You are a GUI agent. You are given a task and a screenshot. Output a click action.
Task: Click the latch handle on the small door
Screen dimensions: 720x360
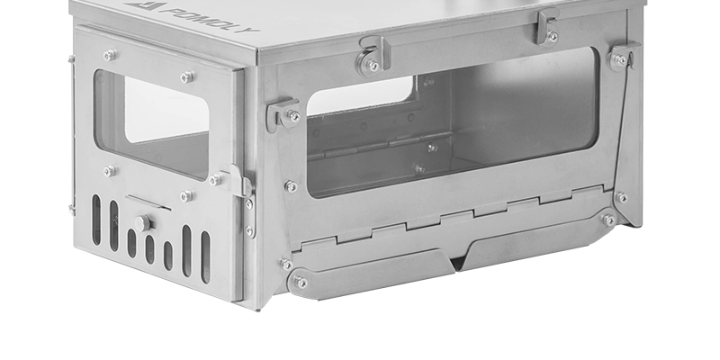238,182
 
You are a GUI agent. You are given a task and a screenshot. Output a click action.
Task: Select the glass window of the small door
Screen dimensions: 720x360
152,124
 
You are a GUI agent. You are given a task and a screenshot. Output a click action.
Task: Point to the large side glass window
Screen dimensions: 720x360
453,121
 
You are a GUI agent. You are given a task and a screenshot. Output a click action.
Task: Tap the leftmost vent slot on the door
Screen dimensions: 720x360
96,220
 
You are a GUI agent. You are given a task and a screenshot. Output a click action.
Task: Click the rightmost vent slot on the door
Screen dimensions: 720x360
205,256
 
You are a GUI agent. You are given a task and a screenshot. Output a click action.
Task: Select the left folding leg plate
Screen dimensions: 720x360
371,274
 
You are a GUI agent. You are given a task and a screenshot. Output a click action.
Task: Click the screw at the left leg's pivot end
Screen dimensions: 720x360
301,282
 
